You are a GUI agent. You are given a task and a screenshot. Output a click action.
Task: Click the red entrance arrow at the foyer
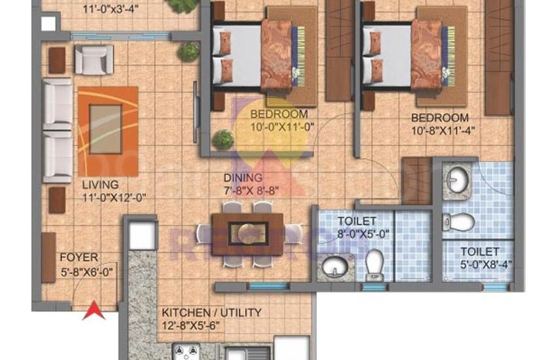click(x=94, y=310)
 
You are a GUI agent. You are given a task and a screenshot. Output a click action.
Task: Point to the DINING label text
click(x=242, y=177)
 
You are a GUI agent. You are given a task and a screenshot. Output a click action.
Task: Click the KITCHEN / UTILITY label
click(x=211, y=312)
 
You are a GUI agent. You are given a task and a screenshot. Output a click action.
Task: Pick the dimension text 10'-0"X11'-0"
click(x=279, y=127)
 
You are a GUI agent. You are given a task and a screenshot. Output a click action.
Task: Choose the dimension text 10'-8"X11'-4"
click(x=443, y=130)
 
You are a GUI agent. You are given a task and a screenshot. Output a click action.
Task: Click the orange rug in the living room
click(x=108, y=131)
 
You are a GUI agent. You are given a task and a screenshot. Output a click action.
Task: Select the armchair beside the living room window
click(x=94, y=59)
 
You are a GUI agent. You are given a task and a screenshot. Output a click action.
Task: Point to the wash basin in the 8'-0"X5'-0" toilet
click(x=332, y=267)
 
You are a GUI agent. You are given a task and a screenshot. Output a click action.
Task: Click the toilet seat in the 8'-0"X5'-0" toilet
click(x=375, y=263)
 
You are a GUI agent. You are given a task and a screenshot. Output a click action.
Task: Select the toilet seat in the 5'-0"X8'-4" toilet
click(x=460, y=223)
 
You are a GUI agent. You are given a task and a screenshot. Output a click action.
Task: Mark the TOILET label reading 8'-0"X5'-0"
click(x=357, y=221)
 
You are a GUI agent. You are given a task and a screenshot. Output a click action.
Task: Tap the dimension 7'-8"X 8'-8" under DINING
click(x=251, y=190)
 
